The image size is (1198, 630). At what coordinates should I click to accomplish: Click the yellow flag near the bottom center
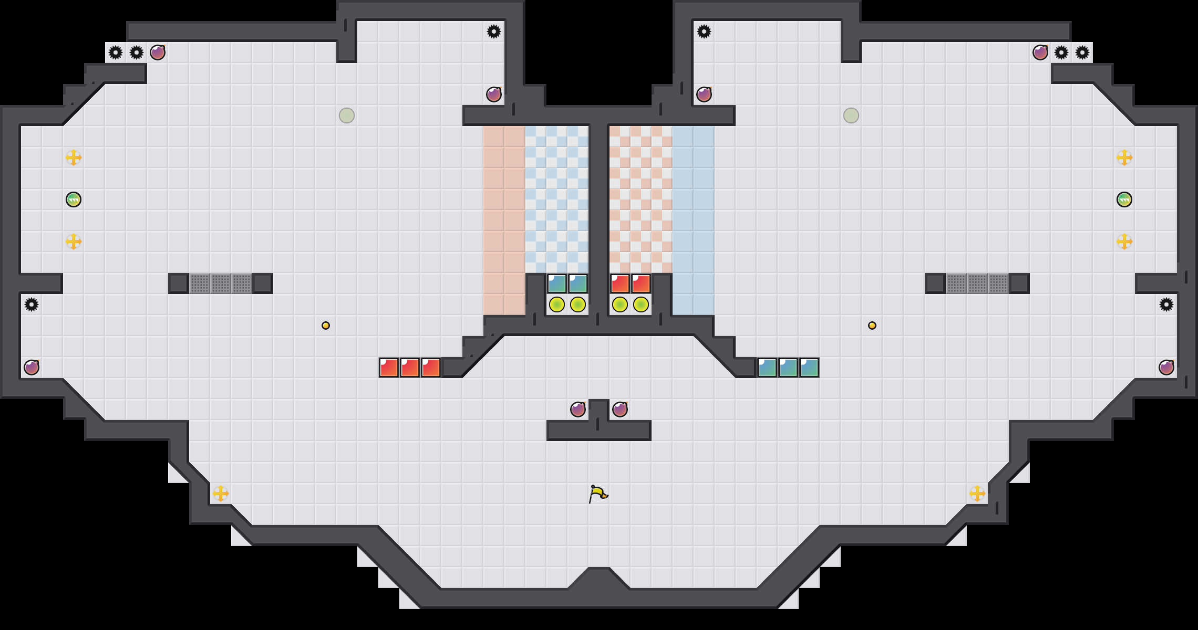[597, 493]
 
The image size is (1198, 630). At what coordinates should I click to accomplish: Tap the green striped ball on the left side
[74, 199]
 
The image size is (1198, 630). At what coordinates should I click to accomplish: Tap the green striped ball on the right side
[1124, 199]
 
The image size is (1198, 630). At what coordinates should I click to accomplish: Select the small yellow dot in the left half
[326, 325]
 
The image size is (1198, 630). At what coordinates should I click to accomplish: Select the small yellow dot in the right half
[872, 325]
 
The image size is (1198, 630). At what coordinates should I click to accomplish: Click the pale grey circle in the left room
[347, 115]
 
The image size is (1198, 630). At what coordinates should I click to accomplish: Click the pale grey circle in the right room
[851, 115]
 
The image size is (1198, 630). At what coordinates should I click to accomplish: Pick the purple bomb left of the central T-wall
[578, 409]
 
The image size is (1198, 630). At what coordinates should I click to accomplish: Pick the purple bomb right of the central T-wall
[620, 409]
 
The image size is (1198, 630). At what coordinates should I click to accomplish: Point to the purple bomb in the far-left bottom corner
[32, 367]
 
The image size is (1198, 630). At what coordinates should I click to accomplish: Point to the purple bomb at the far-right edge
[1166, 367]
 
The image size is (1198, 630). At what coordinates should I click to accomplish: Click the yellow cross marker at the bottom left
[221, 493]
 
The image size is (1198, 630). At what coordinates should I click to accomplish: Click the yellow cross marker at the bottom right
[977, 493]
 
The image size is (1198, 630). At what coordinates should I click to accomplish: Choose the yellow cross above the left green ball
[74, 157]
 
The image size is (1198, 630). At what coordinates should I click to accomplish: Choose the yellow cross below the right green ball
[1124, 241]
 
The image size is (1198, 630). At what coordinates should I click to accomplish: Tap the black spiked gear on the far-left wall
[32, 304]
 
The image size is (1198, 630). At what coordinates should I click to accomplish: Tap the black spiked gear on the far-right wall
[1166, 304]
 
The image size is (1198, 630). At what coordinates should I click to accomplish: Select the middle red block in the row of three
[410, 367]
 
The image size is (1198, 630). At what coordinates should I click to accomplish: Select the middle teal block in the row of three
[788, 367]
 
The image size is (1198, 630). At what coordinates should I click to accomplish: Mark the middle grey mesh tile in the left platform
[221, 283]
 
